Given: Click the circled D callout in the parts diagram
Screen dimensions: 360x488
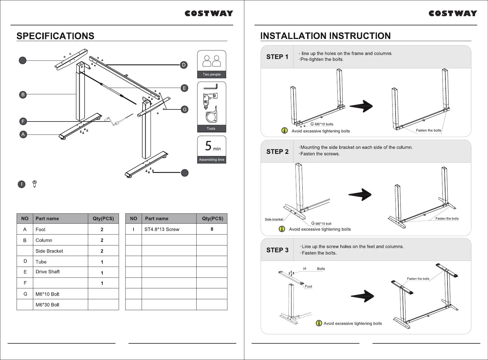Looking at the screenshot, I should [x=184, y=65].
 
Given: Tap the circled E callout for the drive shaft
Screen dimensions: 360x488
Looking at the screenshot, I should [x=184, y=88].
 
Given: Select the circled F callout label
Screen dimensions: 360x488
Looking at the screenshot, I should [x=23, y=122].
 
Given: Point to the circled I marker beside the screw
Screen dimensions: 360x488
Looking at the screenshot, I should [x=21, y=184].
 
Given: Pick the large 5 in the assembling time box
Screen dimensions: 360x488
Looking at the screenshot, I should [x=208, y=146].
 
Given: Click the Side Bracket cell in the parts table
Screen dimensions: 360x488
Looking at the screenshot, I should [x=49, y=251].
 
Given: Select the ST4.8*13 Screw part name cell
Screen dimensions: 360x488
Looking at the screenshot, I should [x=162, y=229].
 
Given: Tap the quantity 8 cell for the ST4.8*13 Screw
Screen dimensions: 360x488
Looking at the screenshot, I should [x=212, y=229].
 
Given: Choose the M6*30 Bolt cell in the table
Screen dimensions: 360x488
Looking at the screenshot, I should [x=47, y=305].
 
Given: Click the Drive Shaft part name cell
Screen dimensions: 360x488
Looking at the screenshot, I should [x=48, y=272].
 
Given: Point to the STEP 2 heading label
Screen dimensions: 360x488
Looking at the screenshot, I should [x=277, y=152].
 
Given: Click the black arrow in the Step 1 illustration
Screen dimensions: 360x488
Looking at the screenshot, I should [x=361, y=106].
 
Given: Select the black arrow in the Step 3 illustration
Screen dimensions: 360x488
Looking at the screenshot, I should [x=362, y=296].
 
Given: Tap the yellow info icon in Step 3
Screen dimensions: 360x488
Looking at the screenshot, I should [x=319, y=323].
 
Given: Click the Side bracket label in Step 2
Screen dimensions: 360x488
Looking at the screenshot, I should [x=274, y=219].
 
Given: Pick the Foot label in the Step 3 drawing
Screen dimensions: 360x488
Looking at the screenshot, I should [x=308, y=286].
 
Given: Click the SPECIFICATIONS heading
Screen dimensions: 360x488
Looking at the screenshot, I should [x=55, y=36].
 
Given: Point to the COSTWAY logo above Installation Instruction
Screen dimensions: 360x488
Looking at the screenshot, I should [x=453, y=14].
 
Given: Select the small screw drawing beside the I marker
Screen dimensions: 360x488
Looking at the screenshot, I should [x=34, y=184].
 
